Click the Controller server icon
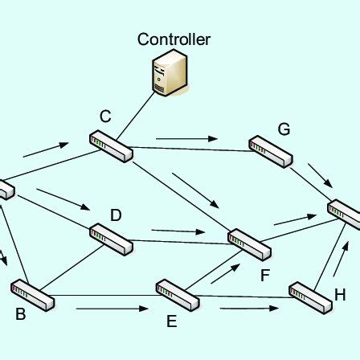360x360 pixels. tap(170, 73)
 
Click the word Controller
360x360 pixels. tap(174, 39)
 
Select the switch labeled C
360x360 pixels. tap(111, 146)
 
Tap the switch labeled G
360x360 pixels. tap(270, 151)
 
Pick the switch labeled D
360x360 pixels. tap(112, 239)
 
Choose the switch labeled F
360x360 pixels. tap(249, 243)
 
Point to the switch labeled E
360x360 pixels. tap(177, 295)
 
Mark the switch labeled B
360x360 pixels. tap(32, 295)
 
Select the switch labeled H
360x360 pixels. tap(310, 297)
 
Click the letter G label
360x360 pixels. tap(284, 129)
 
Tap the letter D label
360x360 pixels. tap(116, 215)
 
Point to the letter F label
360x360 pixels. tap(265, 276)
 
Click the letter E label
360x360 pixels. tap(171, 321)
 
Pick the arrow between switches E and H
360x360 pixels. tap(249, 308)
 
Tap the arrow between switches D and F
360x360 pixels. tap(178, 231)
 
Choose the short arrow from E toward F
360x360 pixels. tap(226, 274)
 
